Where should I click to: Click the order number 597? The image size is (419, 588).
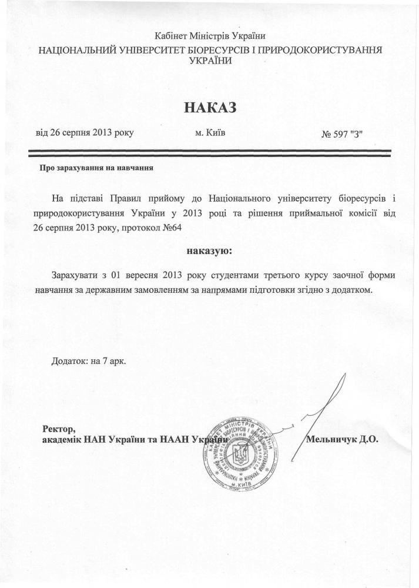(x=343, y=133)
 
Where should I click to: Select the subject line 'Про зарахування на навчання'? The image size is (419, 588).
(x=96, y=168)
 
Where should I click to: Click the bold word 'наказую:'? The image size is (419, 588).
(x=209, y=252)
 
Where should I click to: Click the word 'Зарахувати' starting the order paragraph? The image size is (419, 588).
(x=74, y=275)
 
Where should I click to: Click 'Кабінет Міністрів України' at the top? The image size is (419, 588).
(x=210, y=37)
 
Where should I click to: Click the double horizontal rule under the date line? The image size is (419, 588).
(x=210, y=154)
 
